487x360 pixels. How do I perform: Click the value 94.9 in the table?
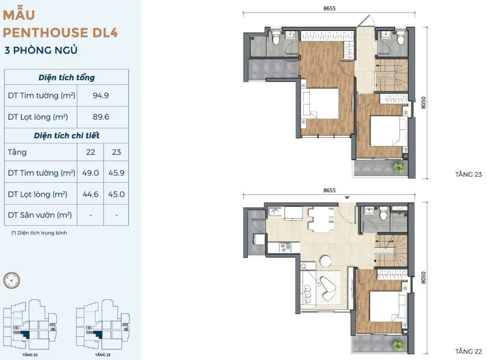tap(101, 95)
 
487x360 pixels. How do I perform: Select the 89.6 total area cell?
tap(101, 117)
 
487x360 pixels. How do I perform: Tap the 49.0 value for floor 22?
tap(91, 173)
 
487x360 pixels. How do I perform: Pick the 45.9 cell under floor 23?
tap(116, 173)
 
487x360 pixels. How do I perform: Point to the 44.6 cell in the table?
tap(91, 194)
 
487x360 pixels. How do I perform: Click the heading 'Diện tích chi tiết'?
tap(67, 136)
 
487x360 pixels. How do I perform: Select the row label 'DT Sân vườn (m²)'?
tap(40, 215)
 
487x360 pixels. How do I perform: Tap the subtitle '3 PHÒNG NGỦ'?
tap(41, 50)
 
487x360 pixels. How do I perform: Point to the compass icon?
tap(11, 280)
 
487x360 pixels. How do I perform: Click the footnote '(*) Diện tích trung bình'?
tap(39, 233)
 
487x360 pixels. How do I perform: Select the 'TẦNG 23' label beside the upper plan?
tap(468, 175)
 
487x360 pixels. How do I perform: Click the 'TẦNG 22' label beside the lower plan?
tap(468, 351)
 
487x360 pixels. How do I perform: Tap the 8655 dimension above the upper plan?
tap(330, 9)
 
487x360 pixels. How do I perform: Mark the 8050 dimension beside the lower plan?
tap(423, 278)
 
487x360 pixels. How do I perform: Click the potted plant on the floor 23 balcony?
tap(399, 168)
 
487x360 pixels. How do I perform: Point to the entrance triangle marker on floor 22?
tap(347, 198)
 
